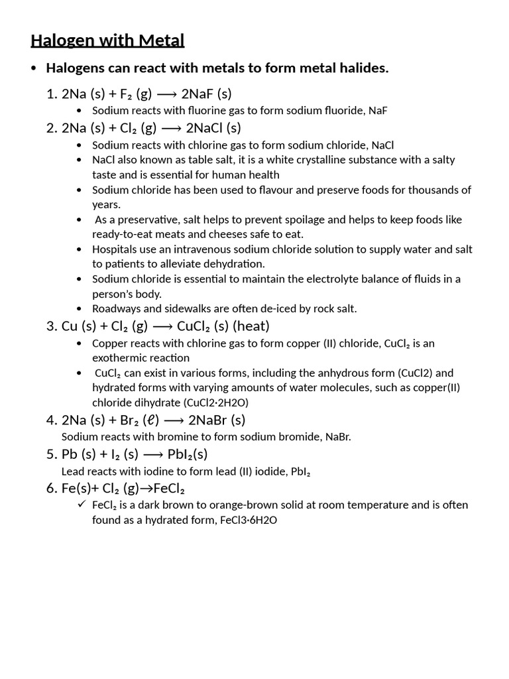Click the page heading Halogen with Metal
coord(107,41)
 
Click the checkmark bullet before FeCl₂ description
coord(81,505)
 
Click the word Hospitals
coord(116,249)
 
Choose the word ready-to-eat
coord(123,234)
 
